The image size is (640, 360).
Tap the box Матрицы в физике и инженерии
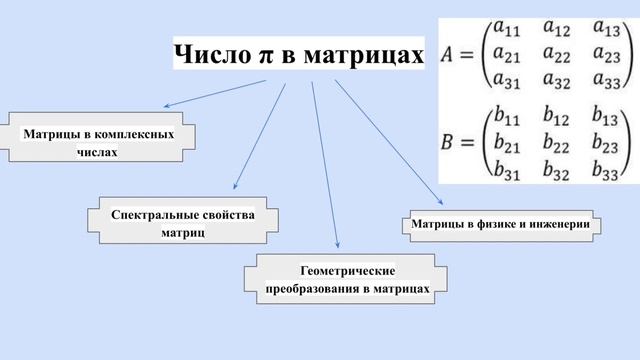click(x=506, y=224)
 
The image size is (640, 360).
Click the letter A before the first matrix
click(x=451, y=57)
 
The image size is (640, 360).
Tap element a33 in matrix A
click(x=608, y=81)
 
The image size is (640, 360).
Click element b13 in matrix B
click(x=607, y=116)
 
